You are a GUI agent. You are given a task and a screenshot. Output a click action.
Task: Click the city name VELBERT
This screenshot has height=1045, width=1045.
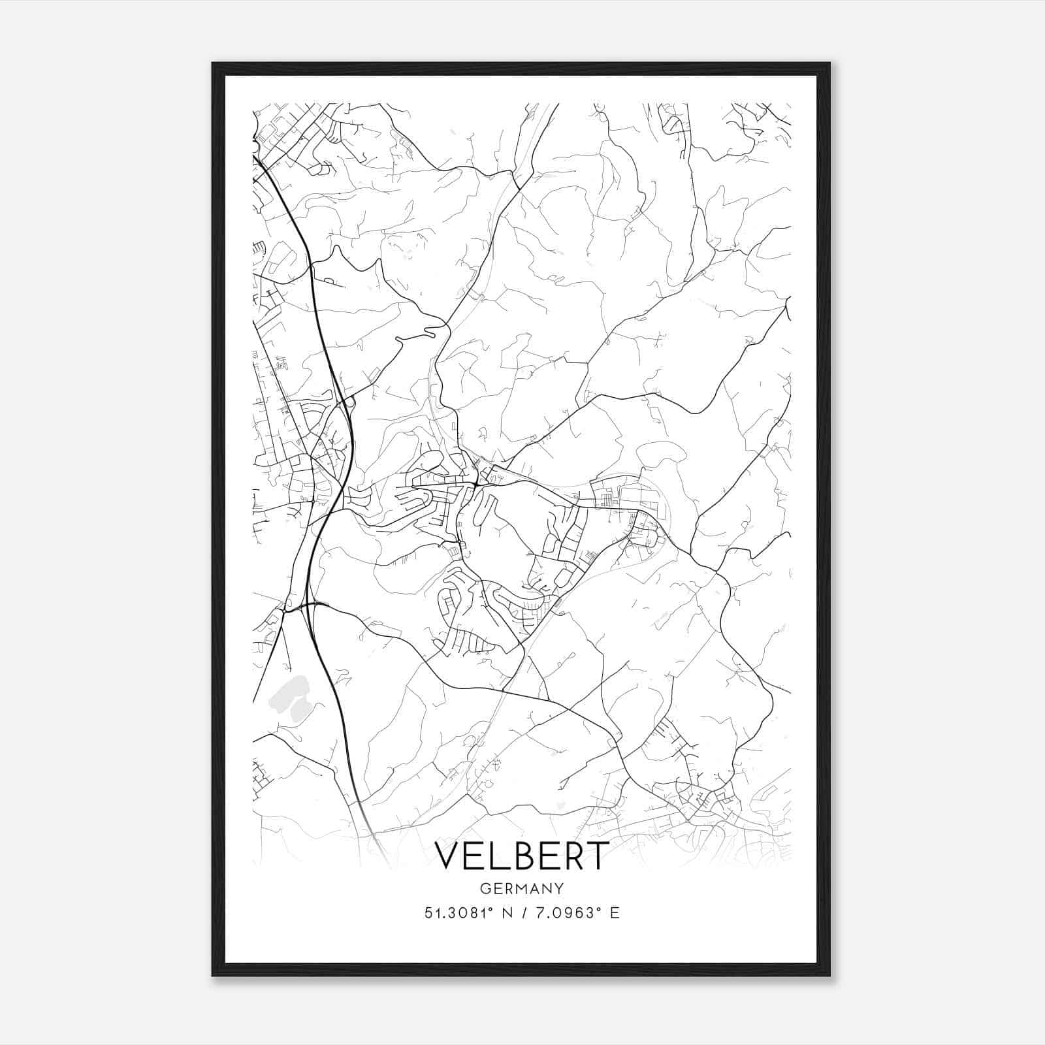pyautogui.click(x=522, y=856)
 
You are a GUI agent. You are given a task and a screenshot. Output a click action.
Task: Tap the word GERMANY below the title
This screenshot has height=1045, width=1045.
pyautogui.click(x=522, y=888)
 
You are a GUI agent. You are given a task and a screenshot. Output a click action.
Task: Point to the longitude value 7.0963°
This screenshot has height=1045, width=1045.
pyautogui.click(x=564, y=913)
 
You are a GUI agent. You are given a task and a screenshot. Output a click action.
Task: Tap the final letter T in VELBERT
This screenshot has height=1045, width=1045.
pyautogui.click(x=597, y=856)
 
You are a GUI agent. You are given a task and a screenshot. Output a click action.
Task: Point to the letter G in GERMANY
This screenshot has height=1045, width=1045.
pyautogui.click(x=485, y=888)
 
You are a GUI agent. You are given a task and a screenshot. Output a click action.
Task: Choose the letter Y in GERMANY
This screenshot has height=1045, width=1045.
pyautogui.click(x=559, y=888)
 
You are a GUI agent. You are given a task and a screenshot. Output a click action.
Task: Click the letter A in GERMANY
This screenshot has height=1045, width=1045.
pyautogui.click(x=535, y=888)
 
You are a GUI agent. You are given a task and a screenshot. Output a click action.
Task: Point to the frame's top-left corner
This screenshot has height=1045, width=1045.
pyautogui.click(x=214, y=64)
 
